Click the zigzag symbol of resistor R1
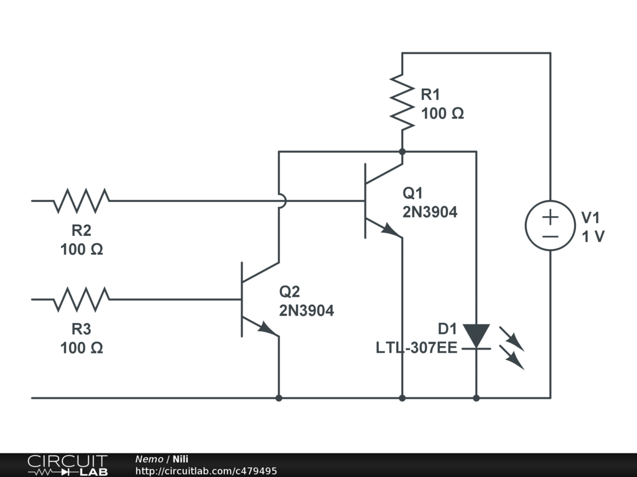click(x=402, y=102)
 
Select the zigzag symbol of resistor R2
click(x=81, y=201)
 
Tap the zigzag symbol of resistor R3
click(x=81, y=299)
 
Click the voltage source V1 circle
click(x=551, y=225)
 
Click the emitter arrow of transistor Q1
click(x=390, y=230)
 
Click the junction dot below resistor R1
click(x=402, y=152)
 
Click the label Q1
click(x=413, y=193)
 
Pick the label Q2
click(x=289, y=291)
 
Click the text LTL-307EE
click(x=416, y=348)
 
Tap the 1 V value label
click(x=593, y=237)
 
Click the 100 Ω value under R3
click(x=81, y=348)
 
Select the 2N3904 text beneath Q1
click(x=430, y=212)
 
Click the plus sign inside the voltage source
click(x=551, y=218)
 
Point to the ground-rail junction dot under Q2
click(x=279, y=398)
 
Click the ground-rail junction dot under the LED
click(x=476, y=398)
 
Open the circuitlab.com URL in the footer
click(x=206, y=471)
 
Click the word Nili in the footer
click(x=180, y=459)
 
